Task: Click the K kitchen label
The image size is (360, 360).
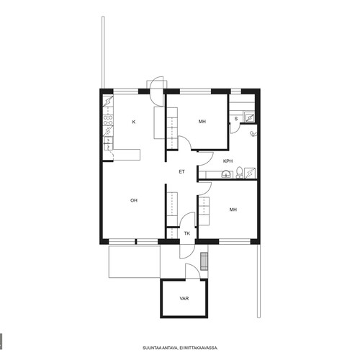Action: tap(134, 122)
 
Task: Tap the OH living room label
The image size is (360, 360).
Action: tap(134, 200)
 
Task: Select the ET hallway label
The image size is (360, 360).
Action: tap(181, 171)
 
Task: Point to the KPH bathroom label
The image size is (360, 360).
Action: tap(228, 161)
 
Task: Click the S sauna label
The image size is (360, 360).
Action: tap(236, 119)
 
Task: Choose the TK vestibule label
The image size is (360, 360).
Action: tap(187, 233)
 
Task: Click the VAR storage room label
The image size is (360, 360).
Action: tap(184, 298)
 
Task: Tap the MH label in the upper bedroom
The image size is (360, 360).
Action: tap(202, 122)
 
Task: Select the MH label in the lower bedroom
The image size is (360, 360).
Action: tap(233, 210)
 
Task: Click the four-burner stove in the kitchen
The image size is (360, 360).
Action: tap(108, 120)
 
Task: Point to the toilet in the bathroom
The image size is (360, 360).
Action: tap(239, 172)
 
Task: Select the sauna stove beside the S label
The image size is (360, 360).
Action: tap(249, 117)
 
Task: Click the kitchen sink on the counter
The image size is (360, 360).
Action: tap(108, 143)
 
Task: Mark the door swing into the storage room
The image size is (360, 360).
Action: tap(193, 271)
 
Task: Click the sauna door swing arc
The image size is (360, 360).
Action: tap(235, 129)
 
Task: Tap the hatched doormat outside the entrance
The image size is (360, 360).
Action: tap(204, 261)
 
